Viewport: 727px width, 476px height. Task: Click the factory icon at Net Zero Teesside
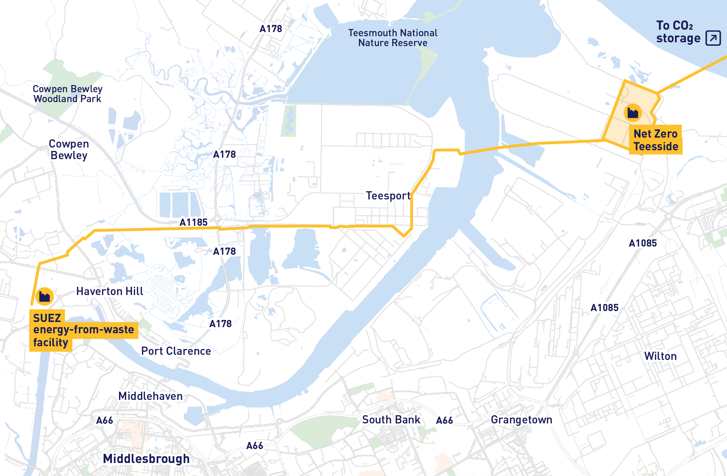click(633, 113)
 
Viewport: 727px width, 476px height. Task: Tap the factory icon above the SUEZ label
click(44, 296)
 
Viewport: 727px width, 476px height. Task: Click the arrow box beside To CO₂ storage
click(713, 38)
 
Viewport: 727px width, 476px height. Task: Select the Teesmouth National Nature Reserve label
click(393, 38)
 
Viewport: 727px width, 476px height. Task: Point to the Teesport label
click(388, 196)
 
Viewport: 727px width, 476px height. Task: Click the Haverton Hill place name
click(110, 291)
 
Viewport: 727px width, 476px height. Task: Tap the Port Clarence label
click(176, 351)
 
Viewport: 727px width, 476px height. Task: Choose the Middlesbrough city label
click(146, 459)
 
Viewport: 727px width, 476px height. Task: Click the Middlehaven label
click(150, 396)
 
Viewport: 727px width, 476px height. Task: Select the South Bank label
click(391, 420)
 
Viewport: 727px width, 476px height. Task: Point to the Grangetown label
click(521, 420)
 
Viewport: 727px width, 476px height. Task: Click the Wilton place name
click(660, 356)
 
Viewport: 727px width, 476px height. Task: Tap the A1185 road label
click(194, 222)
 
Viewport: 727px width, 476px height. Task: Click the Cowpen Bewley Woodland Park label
click(67, 94)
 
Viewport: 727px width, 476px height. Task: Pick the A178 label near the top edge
click(271, 29)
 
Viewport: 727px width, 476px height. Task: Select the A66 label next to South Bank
click(445, 420)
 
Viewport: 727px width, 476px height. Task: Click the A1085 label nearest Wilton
click(605, 308)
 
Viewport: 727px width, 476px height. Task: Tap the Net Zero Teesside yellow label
click(656, 140)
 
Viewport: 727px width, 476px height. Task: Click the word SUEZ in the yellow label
click(47, 318)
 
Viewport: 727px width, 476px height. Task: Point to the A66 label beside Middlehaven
click(105, 420)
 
